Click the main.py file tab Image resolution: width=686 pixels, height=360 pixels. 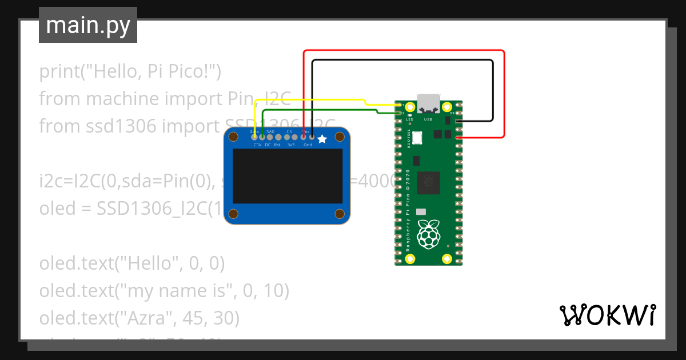[88, 25]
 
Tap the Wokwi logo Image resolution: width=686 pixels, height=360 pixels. [607, 315]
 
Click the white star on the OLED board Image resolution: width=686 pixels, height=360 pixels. [322, 138]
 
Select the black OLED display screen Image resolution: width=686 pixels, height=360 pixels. [287, 176]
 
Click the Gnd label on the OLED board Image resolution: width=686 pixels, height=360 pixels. [308, 145]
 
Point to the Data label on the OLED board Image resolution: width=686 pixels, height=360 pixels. [254, 131]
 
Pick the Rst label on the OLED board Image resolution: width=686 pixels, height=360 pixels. [277, 145]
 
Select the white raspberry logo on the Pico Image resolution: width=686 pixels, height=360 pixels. [428, 235]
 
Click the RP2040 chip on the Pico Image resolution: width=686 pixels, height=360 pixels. [428, 182]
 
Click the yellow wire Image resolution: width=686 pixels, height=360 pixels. [309, 101]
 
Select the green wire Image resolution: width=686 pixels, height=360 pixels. [320, 110]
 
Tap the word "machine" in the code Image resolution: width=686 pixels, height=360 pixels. [123, 99]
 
